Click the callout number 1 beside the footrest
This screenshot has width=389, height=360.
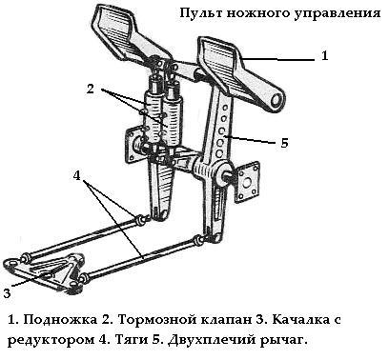tap(324, 56)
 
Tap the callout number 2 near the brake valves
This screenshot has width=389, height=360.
tap(91, 90)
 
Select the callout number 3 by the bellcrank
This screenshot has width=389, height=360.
tap(7, 293)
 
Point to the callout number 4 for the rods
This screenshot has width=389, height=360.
tap(77, 175)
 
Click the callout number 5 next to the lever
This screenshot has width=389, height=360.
tap(284, 143)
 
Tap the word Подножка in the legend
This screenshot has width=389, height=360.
tap(60, 319)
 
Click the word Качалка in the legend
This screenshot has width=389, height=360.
tap(300, 319)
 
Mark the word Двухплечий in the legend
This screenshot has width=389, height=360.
tap(212, 340)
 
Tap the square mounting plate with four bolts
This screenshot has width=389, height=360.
tap(248, 183)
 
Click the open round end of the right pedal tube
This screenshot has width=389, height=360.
tap(276, 100)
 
